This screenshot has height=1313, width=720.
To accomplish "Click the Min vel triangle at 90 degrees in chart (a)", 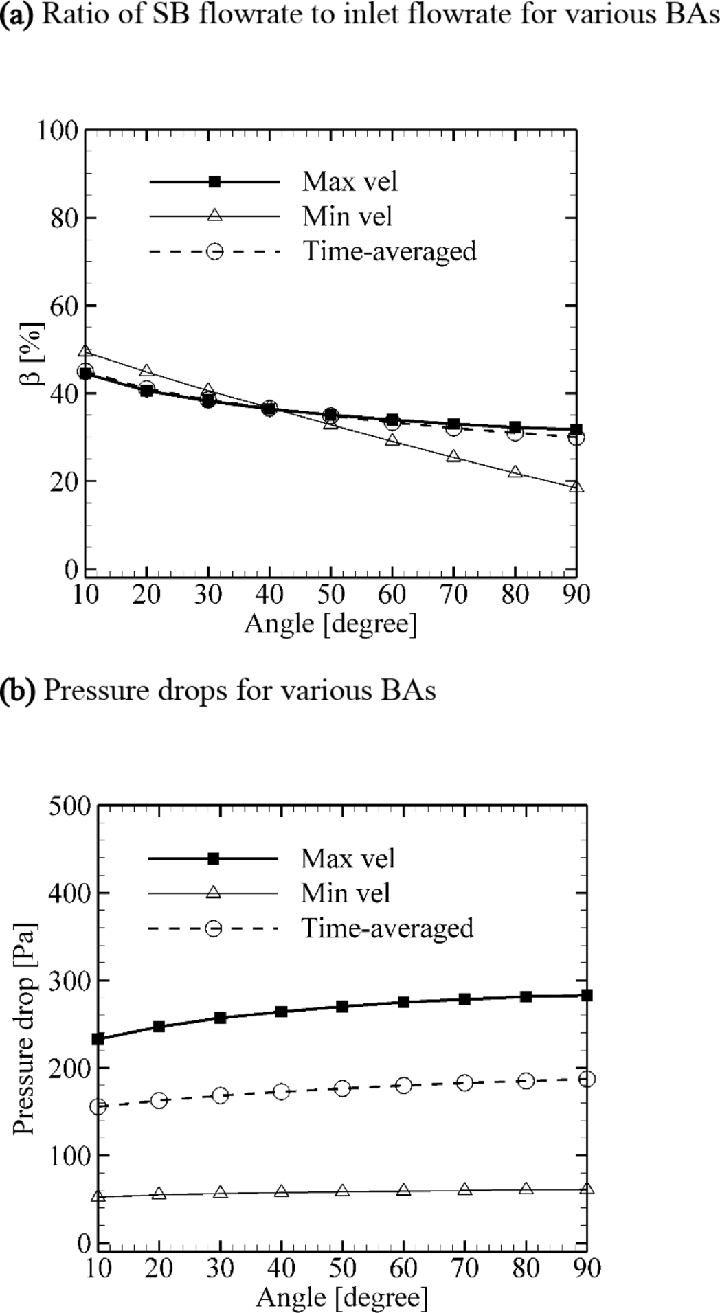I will coord(576,487).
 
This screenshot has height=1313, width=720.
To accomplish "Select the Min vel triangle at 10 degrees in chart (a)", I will coord(85,352).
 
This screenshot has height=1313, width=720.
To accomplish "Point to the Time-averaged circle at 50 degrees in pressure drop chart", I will coord(342,1088).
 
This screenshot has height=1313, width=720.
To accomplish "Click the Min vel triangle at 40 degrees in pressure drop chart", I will coord(281,1191).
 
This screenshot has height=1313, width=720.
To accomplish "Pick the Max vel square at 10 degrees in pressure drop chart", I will coord(98,1039).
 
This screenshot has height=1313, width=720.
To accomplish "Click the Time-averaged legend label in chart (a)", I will coord(390,251).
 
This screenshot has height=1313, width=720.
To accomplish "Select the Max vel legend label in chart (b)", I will coord(348,858).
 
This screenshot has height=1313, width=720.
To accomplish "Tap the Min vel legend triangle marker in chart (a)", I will coord(214,216).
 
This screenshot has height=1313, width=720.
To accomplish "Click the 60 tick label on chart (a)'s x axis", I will coord(392,594).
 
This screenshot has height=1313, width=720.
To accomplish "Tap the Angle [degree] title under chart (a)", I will coord(330,624).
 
